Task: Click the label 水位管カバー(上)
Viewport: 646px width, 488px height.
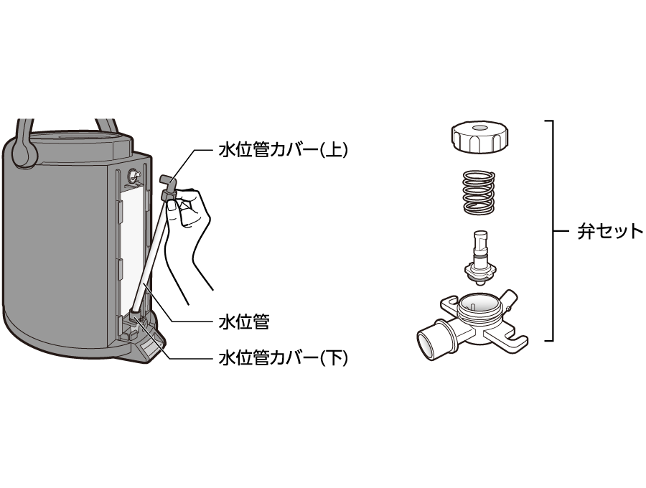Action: click(x=283, y=151)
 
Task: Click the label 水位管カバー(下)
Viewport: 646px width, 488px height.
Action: click(x=283, y=357)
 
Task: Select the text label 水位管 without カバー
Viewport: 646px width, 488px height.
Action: click(x=243, y=322)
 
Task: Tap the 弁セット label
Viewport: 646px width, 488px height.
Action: click(x=610, y=232)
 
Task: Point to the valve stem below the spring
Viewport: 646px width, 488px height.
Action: click(x=479, y=255)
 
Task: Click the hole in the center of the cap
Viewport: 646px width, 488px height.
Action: click(x=479, y=128)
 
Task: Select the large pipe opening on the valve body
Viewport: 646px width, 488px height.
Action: click(x=429, y=341)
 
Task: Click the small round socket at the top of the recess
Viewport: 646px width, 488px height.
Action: click(x=133, y=174)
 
